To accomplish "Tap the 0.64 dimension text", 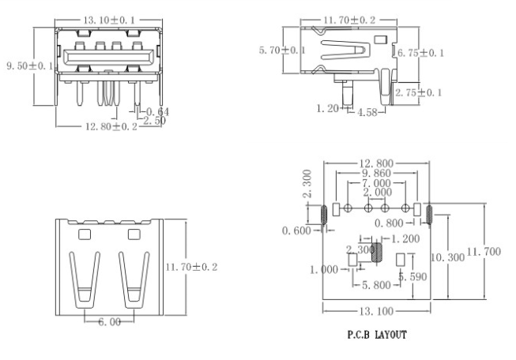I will [158, 111].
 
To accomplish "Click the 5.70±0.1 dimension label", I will [282, 51].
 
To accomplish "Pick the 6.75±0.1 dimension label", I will [421, 53].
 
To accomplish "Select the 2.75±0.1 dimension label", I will [419, 93].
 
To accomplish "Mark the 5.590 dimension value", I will [412, 277].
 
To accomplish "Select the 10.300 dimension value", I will [447, 258].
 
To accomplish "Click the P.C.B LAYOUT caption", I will [377, 336].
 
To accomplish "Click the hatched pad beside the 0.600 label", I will [324, 214].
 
